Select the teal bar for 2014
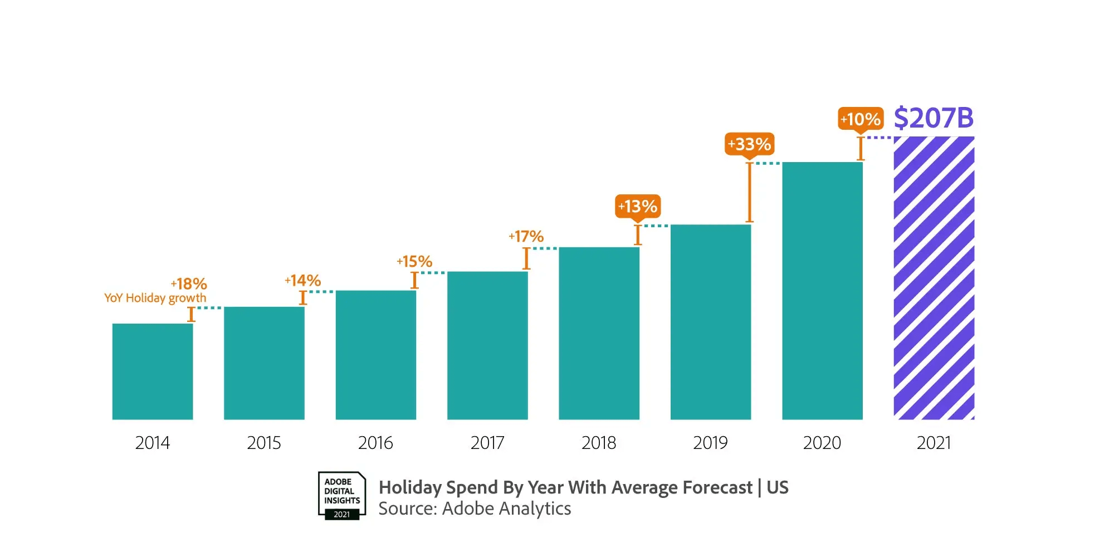pyautogui.click(x=153, y=372)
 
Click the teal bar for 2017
pyautogui.click(x=487, y=345)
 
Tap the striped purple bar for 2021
pyautogui.click(x=934, y=278)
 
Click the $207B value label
pyautogui.click(x=934, y=118)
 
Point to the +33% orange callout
pyautogui.click(x=749, y=144)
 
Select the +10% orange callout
pyautogui.click(x=861, y=119)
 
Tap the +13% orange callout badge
pyautogui.click(x=638, y=207)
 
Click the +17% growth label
pyautogui.click(x=526, y=237)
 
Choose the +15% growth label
pyautogui.click(x=414, y=261)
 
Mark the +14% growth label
pyautogui.click(x=302, y=280)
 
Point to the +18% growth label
pyautogui.click(x=189, y=284)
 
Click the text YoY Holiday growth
pyautogui.click(x=155, y=298)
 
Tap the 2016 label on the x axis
pyautogui.click(x=375, y=443)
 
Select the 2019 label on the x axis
pyautogui.click(x=710, y=443)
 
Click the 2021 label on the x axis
pyautogui.click(x=934, y=443)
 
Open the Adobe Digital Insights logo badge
pyautogui.click(x=342, y=496)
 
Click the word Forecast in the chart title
pyautogui.click(x=717, y=487)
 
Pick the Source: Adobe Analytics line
pyautogui.click(x=475, y=509)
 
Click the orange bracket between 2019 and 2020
pyautogui.click(x=750, y=192)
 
